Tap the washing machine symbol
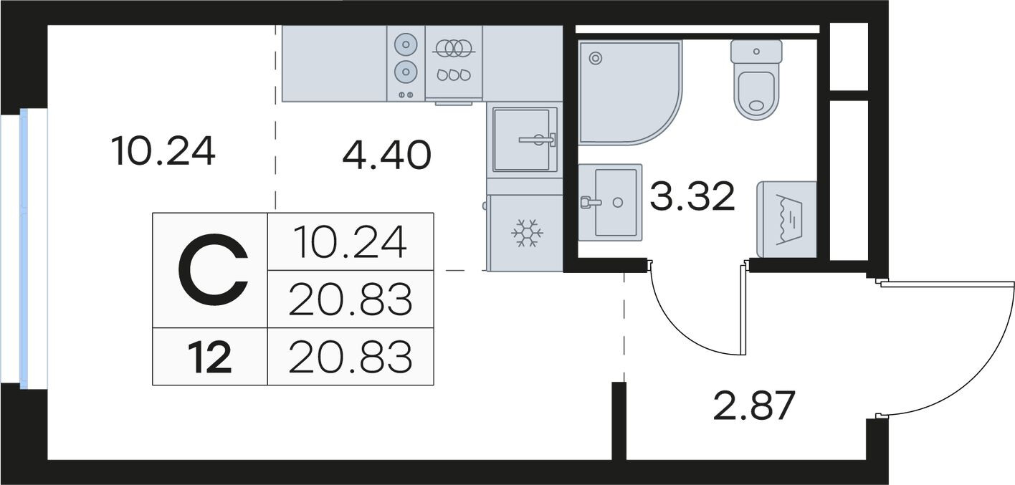coord(786,220)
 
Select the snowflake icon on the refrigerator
coord(527,234)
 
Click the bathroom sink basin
coord(610,203)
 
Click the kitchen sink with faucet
coord(525,140)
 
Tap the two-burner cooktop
coord(406,63)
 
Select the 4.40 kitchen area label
coord(386,155)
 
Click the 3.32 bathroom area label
coord(692,196)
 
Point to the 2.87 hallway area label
coord(754,405)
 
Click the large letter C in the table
coord(213,270)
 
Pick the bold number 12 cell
coord(210,357)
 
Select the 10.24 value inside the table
coord(351,242)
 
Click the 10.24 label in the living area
coord(163,151)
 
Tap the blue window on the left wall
coord(24,249)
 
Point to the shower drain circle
coord(596,58)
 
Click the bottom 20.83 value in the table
coord(351,357)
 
